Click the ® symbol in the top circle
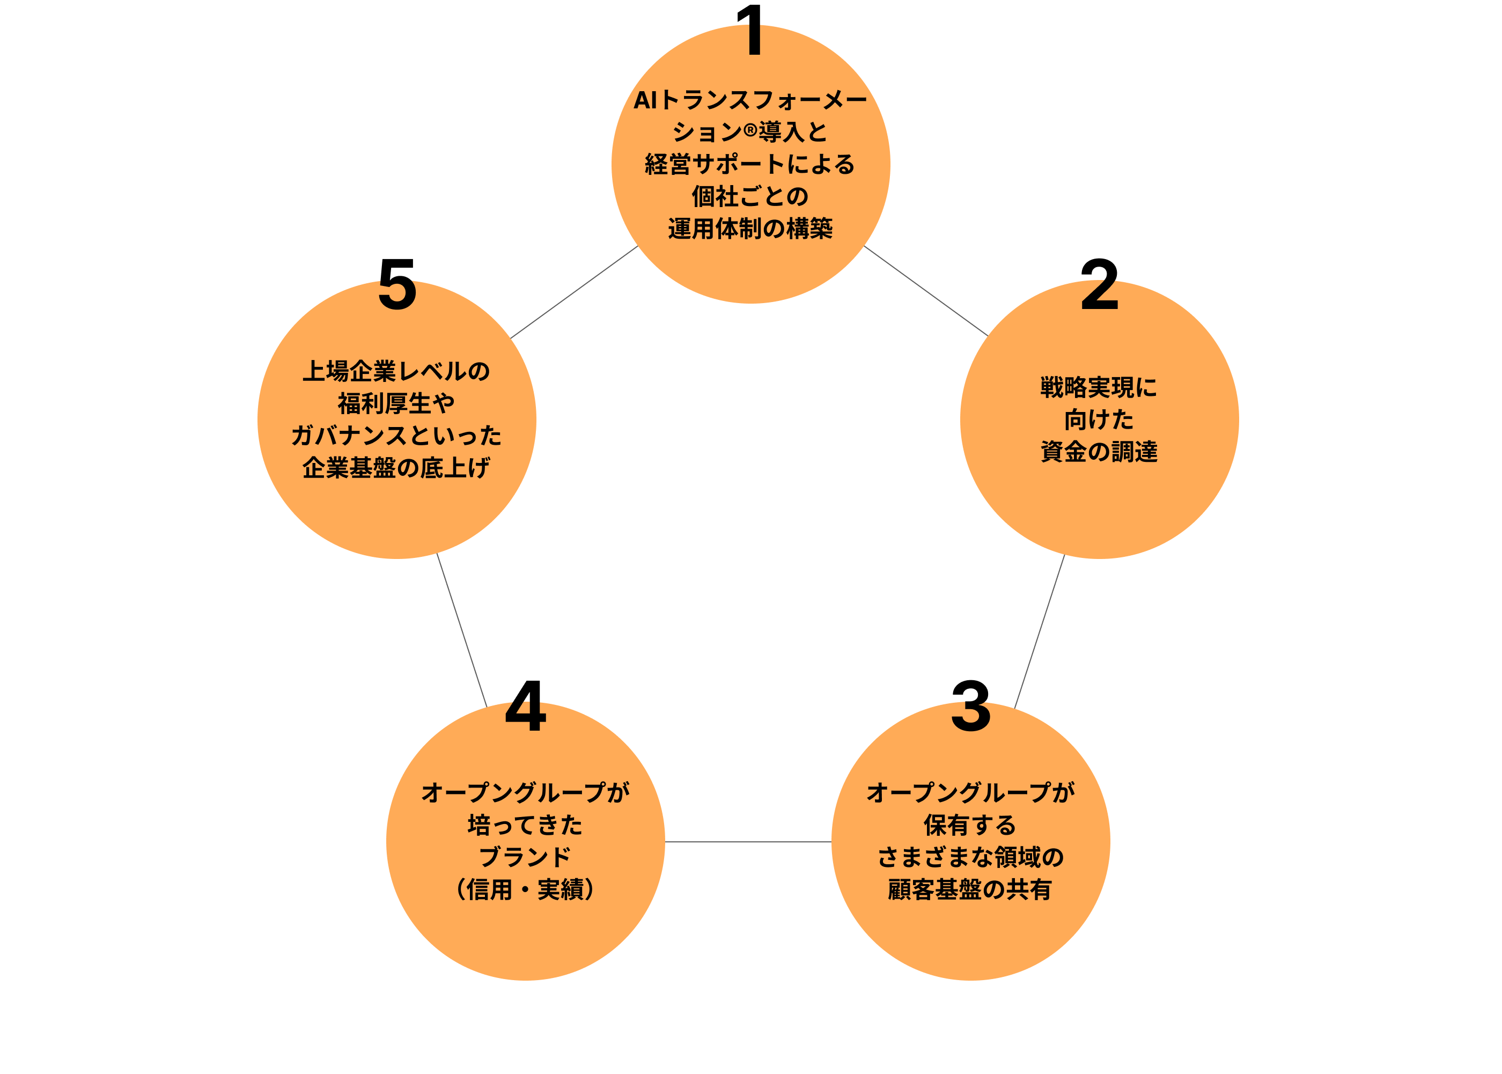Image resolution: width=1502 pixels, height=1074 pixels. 750,130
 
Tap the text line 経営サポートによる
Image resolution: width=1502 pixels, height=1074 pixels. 750,164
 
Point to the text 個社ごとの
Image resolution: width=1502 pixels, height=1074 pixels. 750,196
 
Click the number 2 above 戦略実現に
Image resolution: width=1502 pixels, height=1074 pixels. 1099,295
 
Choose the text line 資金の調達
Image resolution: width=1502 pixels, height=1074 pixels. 1099,452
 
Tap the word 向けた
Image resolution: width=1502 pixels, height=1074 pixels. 1099,420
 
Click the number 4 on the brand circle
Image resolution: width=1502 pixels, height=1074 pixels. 526,716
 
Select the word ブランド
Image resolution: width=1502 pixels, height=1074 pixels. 526,857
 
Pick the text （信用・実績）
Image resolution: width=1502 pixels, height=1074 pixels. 526,889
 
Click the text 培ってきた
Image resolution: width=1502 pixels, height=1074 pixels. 526,825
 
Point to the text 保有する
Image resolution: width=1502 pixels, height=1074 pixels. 970,825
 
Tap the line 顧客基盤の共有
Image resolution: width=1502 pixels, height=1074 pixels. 970,889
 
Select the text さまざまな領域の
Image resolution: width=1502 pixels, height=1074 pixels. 970,857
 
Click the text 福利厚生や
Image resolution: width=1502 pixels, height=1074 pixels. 396,403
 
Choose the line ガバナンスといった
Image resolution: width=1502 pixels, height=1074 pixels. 396,436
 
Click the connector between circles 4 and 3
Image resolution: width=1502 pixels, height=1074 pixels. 748,842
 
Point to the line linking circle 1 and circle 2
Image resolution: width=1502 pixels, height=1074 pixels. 925,291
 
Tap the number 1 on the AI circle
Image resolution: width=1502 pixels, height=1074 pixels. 754,40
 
